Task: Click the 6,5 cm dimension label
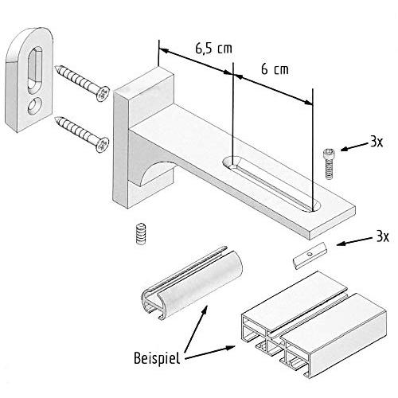(213, 49)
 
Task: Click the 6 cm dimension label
(275, 69)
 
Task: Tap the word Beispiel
(157, 358)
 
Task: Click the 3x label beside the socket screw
(377, 142)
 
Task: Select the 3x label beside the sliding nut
(382, 236)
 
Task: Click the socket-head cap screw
(329, 164)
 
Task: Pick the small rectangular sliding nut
(310, 256)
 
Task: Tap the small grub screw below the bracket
(141, 233)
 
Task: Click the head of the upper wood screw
(103, 94)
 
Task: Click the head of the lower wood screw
(102, 145)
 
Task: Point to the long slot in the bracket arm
(271, 184)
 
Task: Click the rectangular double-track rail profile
(314, 324)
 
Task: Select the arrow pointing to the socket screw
(355, 146)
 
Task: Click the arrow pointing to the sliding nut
(354, 241)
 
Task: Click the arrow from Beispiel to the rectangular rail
(209, 353)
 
